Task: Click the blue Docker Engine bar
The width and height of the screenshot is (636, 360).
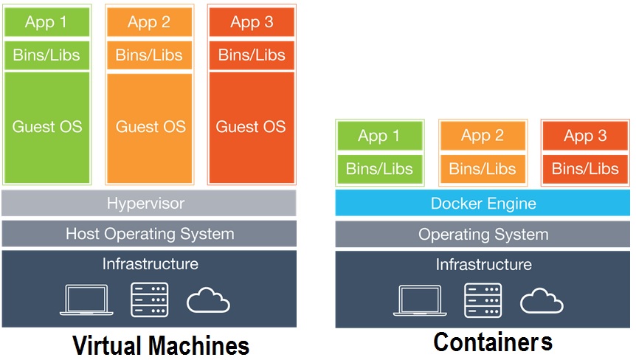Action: click(x=483, y=204)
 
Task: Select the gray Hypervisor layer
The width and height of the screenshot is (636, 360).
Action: click(x=149, y=203)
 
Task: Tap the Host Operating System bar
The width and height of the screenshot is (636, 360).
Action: click(x=149, y=234)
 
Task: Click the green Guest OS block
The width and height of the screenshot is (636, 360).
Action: click(x=46, y=126)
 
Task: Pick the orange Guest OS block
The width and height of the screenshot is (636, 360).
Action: click(x=149, y=126)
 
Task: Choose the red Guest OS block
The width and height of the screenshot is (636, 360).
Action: click(x=251, y=126)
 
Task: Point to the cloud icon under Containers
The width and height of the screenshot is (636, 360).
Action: click(x=542, y=301)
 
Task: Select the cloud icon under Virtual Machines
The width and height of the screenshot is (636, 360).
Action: click(x=208, y=301)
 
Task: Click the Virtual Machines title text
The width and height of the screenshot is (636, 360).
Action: click(x=160, y=345)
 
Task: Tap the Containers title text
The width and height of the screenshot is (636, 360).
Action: click(x=492, y=342)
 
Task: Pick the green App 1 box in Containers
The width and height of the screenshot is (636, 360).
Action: click(x=380, y=136)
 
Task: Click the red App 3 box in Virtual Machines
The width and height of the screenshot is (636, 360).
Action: click(x=251, y=22)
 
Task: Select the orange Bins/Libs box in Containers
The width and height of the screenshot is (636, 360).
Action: click(x=483, y=169)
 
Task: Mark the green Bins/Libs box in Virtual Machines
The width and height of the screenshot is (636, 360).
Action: click(x=46, y=55)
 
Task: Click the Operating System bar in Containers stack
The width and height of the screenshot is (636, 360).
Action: click(x=483, y=235)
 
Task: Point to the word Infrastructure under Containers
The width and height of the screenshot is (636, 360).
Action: click(x=483, y=264)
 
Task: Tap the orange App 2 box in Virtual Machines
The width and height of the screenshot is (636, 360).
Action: click(x=149, y=22)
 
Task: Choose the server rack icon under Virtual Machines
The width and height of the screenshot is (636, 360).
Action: click(x=150, y=300)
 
